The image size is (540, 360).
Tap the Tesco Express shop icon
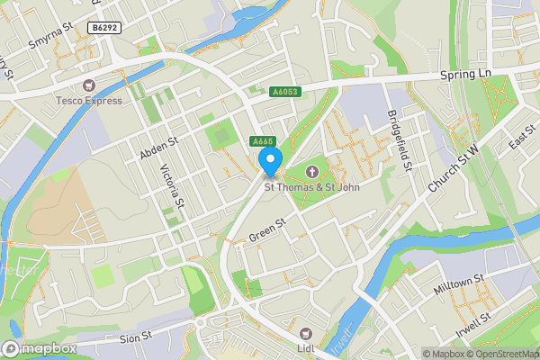click(88, 85)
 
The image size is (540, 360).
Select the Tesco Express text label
click(88, 100)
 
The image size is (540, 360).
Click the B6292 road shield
click(103, 29)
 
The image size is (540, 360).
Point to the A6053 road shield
click(283, 90)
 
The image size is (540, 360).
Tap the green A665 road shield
click(262, 141)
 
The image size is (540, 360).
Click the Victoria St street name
click(172, 185)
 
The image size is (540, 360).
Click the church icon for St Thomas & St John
click(312, 171)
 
